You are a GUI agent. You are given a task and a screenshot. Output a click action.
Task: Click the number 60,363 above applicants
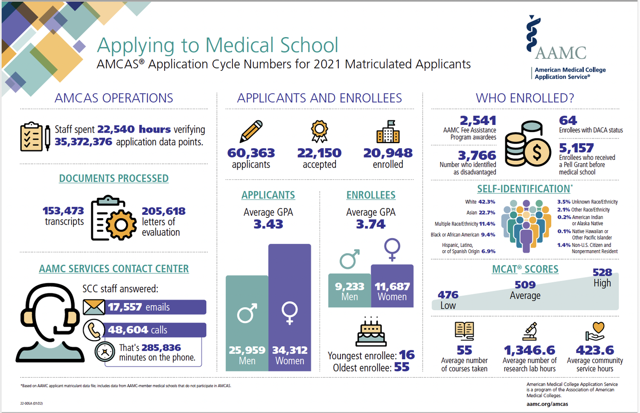(x=251, y=153)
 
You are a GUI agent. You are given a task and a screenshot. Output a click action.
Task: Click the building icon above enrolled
(x=388, y=131)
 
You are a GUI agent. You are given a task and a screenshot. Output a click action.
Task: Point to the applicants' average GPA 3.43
(x=268, y=224)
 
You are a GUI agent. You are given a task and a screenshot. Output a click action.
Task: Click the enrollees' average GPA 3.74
(x=371, y=224)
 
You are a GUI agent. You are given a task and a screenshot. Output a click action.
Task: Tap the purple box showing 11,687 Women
(x=392, y=286)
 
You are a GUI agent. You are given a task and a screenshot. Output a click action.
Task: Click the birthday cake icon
(x=371, y=332)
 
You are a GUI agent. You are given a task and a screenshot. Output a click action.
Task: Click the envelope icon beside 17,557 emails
(x=94, y=307)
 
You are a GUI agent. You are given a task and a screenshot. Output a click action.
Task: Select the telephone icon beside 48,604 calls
(x=94, y=330)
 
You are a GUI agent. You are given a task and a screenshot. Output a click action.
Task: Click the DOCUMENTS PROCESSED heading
(x=113, y=179)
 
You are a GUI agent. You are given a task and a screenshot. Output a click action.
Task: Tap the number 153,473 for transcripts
(x=63, y=211)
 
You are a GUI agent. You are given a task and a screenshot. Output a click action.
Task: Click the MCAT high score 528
(x=602, y=272)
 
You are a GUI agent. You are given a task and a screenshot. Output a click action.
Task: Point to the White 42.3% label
(x=480, y=202)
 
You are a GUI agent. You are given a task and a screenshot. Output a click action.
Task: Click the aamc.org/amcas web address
(x=547, y=404)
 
